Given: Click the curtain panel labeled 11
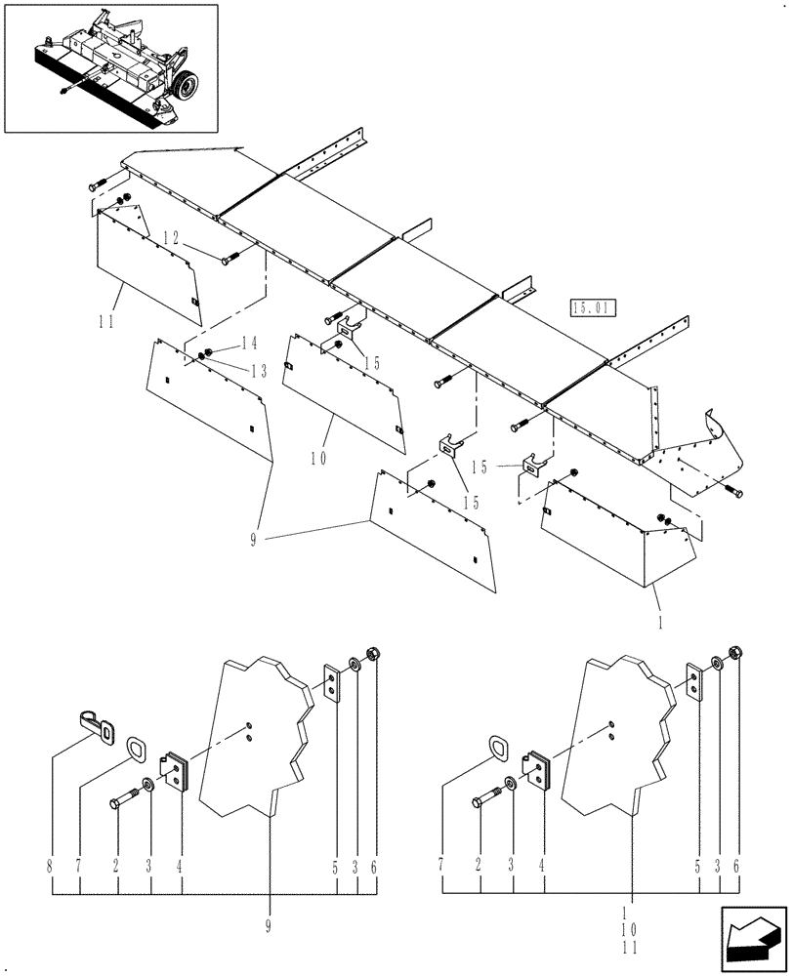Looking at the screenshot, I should [146, 264].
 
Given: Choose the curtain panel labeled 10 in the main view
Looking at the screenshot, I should [342, 390].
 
